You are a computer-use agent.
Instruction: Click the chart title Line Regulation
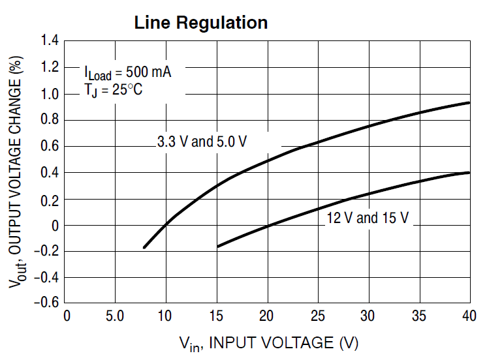click(x=201, y=22)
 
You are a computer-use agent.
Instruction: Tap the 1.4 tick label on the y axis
click(x=50, y=41)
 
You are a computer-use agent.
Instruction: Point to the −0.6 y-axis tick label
click(x=46, y=304)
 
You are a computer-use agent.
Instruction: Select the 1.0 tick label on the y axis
click(x=50, y=94)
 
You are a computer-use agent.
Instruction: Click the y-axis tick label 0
click(x=54, y=226)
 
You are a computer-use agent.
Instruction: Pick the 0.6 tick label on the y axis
click(x=50, y=147)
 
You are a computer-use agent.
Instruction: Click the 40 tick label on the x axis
click(x=469, y=316)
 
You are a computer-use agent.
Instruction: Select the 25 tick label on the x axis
click(x=318, y=316)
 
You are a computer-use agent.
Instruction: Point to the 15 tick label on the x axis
click(x=217, y=316)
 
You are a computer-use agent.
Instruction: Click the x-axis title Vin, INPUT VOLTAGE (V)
click(x=268, y=342)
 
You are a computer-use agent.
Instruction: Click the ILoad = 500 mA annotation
click(x=127, y=72)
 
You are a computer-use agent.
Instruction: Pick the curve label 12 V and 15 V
click(x=368, y=218)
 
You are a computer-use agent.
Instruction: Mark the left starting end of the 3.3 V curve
click(x=144, y=247)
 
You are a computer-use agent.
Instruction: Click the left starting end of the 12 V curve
click(x=218, y=247)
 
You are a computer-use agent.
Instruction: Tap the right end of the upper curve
click(x=469, y=102)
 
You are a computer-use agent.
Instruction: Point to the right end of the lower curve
click(x=469, y=172)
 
